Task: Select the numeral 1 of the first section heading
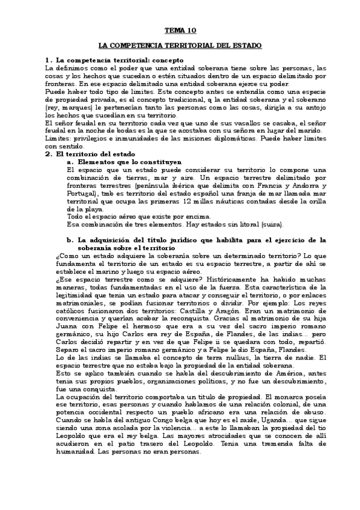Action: (x=47, y=60)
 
